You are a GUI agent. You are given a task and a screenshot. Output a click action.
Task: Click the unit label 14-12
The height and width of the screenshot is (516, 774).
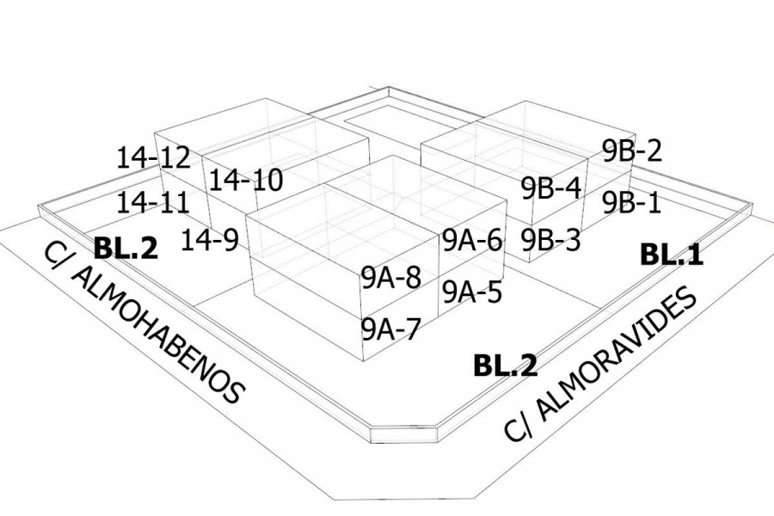[x=153, y=157]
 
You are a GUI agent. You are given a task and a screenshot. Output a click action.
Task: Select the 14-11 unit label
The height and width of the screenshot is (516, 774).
[x=153, y=203]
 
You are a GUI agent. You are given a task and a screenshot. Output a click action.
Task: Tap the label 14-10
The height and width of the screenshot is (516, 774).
[x=246, y=181]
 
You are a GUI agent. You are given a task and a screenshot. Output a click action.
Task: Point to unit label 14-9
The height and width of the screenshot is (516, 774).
[x=210, y=240]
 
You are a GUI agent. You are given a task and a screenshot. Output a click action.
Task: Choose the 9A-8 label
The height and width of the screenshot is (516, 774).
[x=390, y=278]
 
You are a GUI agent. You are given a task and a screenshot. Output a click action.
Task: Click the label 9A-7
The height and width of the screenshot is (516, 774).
[x=390, y=329]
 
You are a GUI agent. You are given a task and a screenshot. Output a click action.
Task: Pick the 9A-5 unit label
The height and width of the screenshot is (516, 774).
[x=472, y=292]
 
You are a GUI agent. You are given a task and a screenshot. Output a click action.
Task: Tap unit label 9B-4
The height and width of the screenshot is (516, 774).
[x=551, y=188]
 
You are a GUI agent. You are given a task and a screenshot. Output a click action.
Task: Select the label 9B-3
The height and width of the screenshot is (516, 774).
[x=551, y=239]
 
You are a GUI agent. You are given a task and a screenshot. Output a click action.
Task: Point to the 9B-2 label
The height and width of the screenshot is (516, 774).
[x=632, y=151]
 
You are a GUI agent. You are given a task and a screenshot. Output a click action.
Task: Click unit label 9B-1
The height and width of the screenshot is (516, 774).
[x=632, y=203]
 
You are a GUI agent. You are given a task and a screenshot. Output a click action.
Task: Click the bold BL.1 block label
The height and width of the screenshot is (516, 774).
[x=672, y=255]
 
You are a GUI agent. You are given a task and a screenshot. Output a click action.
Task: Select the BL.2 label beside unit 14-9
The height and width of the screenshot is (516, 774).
[x=126, y=248]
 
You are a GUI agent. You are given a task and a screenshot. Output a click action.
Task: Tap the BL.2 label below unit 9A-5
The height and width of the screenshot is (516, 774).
[x=506, y=365]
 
